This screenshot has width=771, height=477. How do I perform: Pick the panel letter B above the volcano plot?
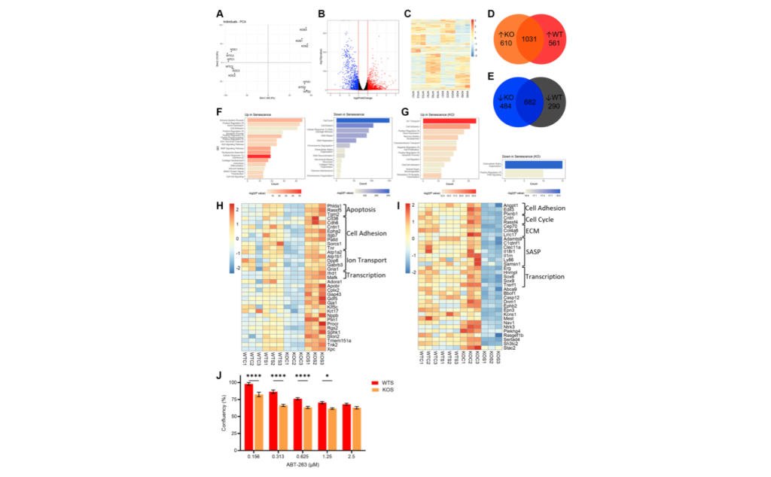pos(322,14)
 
